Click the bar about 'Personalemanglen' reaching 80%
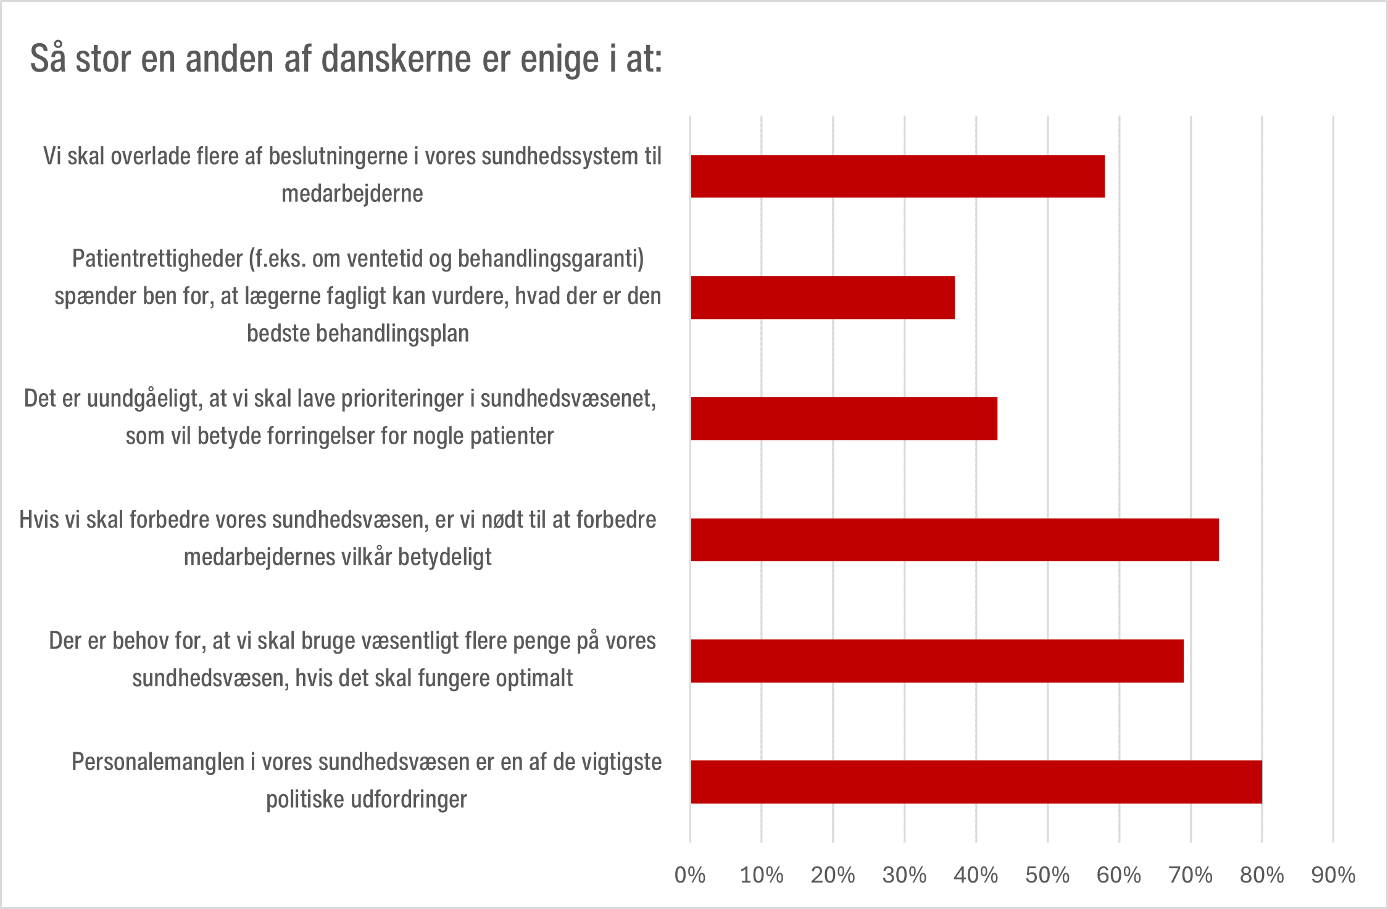(x=976, y=782)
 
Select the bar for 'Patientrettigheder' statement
(x=822, y=297)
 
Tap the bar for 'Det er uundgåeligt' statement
(x=844, y=418)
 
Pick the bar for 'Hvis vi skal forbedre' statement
(x=954, y=539)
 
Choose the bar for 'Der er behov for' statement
(x=937, y=661)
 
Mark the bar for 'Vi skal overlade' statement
(x=897, y=176)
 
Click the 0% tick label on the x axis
(x=690, y=875)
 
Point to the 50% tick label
(x=1047, y=875)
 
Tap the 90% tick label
(x=1333, y=875)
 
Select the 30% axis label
(x=904, y=875)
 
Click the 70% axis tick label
(x=1191, y=875)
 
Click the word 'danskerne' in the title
(x=396, y=59)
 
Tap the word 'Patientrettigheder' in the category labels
(x=157, y=259)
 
